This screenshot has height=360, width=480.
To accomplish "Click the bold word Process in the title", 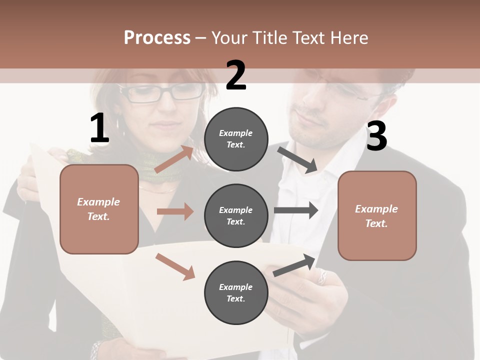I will click(157, 38).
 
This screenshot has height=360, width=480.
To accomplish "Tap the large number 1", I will click(99, 128).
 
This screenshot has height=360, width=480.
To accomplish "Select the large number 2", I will click(236, 75).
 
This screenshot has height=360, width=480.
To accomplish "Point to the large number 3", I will click(376, 136).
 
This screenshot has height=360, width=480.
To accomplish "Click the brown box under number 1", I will click(99, 209).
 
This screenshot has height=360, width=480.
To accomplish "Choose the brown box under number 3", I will click(377, 215).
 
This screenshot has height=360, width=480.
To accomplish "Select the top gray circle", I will click(236, 139).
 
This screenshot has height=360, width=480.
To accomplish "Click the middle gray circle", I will click(236, 215).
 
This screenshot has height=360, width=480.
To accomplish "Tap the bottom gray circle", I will click(236, 292).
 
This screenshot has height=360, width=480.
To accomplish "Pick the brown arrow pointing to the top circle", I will click(174, 159).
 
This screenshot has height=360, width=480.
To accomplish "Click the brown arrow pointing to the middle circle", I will click(175, 211).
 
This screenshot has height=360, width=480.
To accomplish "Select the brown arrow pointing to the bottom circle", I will click(175, 266).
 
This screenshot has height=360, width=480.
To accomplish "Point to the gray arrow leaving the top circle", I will click(297, 160).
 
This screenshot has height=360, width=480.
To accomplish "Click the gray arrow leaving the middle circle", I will click(296, 210).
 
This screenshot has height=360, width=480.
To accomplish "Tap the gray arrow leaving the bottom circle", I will click(294, 265).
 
